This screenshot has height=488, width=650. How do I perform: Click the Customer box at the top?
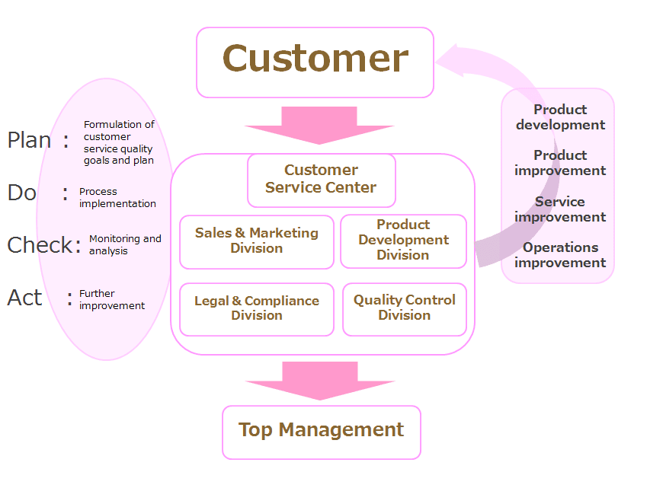pyautogui.click(x=315, y=62)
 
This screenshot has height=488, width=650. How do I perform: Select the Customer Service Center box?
pyautogui.click(x=321, y=180)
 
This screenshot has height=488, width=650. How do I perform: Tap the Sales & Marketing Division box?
pyautogui.click(x=257, y=241)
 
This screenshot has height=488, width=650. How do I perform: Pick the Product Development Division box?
pyautogui.click(x=403, y=241)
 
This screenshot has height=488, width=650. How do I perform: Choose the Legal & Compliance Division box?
pyautogui.click(x=257, y=308)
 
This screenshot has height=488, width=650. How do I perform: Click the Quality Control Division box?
pyautogui.click(x=404, y=308)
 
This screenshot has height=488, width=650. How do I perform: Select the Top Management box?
pyautogui.click(x=321, y=431)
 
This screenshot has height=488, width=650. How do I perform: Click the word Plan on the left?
pyautogui.click(x=30, y=140)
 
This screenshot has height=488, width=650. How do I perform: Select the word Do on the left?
pyautogui.click(x=22, y=193)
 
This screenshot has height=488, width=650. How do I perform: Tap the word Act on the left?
pyautogui.click(x=24, y=298)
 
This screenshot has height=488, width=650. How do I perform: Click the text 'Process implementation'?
pyautogui.click(x=117, y=198)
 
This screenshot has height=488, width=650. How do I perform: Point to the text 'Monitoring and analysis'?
pyautogui.click(x=125, y=245)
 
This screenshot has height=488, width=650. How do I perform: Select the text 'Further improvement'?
pyautogui.click(x=112, y=300)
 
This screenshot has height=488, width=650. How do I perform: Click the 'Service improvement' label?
pyautogui.click(x=560, y=209)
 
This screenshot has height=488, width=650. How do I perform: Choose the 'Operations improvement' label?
pyautogui.click(x=560, y=255)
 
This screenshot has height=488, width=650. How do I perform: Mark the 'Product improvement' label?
pyautogui.click(x=560, y=163)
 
